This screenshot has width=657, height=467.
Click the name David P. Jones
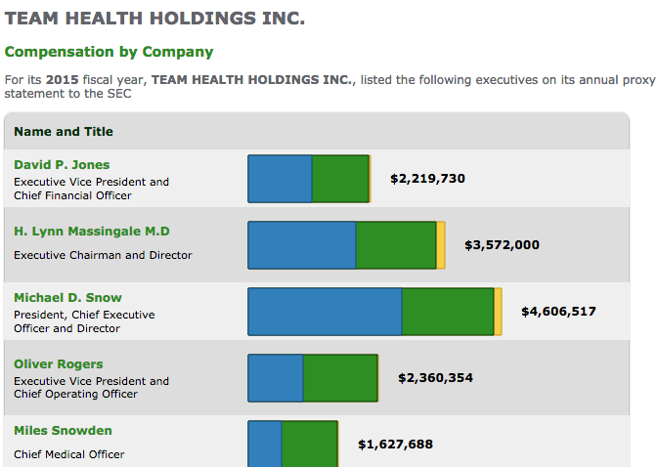click(x=62, y=165)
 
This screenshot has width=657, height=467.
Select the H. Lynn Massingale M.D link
click(x=91, y=232)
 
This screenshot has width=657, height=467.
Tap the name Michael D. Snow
click(x=67, y=298)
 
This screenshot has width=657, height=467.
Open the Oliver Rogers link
click(x=58, y=364)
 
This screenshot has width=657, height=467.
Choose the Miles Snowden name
click(x=63, y=431)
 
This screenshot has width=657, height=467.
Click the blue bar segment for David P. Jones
click(x=280, y=179)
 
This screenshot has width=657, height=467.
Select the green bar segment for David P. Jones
click(x=340, y=179)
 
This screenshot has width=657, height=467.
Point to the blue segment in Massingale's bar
click(x=301, y=245)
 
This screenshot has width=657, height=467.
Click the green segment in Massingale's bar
click(x=395, y=245)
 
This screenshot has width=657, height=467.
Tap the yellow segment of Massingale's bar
click(x=441, y=245)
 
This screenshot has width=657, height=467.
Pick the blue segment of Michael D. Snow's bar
click(x=325, y=312)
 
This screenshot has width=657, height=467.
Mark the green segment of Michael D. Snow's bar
click(x=448, y=312)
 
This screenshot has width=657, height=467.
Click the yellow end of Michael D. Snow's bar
click(x=499, y=312)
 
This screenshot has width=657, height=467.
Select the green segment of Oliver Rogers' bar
click(x=340, y=378)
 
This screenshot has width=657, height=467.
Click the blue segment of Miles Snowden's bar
click(x=265, y=444)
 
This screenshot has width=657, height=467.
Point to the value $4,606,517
click(x=558, y=312)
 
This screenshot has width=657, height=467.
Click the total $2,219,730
click(x=427, y=179)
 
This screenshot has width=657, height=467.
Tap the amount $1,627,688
click(x=395, y=445)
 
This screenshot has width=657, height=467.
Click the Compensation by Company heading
click(x=109, y=52)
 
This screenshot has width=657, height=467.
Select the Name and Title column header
click(x=64, y=132)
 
